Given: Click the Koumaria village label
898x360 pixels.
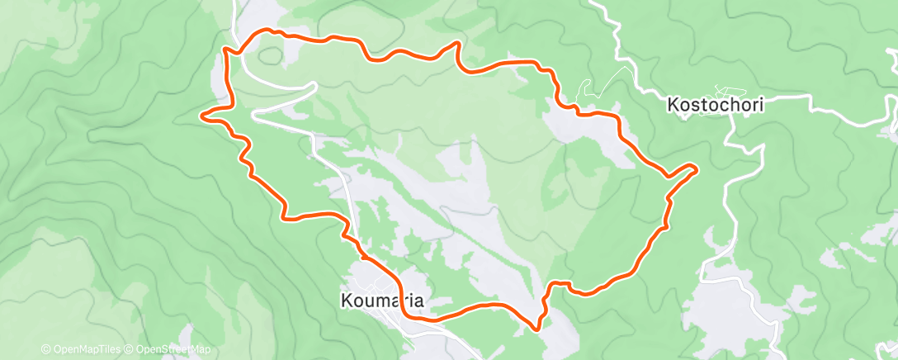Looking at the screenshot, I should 382,301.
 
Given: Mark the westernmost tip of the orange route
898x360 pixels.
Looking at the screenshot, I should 202,116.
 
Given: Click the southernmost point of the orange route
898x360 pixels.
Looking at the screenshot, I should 538,329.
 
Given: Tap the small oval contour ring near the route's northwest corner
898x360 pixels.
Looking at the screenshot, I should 270,57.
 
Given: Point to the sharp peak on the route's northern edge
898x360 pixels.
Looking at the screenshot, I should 456,42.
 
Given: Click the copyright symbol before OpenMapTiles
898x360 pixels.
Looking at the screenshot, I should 45,350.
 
